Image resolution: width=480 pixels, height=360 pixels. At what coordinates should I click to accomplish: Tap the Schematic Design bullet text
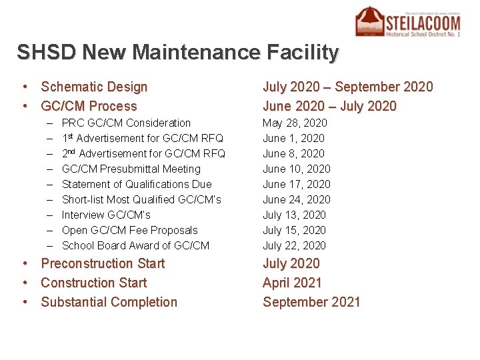(x=94, y=87)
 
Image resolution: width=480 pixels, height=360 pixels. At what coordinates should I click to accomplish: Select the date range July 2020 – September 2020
(x=347, y=87)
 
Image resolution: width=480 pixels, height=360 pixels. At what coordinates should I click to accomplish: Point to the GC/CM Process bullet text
(x=89, y=106)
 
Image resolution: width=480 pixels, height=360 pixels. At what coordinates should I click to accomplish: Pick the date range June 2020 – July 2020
(x=329, y=106)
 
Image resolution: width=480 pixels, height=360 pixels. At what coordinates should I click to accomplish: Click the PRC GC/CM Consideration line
(x=126, y=123)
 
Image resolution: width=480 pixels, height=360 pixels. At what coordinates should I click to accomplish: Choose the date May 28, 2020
(x=295, y=123)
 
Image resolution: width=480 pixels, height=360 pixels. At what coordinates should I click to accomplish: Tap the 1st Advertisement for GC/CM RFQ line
(x=142, y=138)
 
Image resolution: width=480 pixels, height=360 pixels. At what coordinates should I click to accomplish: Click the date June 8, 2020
(x=293, y=153)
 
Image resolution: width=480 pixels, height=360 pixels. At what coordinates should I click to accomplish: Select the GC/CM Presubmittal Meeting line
(x=131, y=169)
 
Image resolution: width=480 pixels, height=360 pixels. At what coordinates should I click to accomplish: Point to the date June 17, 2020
(x=296, y=184)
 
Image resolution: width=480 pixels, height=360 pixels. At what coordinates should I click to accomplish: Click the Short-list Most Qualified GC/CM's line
(x=141, y=199)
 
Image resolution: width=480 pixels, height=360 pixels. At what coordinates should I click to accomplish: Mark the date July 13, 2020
(x=294, y=215)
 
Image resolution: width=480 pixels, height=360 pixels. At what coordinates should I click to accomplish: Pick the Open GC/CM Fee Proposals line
(x=129, y=230)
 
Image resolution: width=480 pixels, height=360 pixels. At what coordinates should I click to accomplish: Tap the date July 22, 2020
(x=294, y=245)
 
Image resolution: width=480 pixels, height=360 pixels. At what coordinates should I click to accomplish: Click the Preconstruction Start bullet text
(x=103, y=263)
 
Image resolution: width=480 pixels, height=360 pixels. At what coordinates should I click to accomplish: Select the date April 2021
(x=292, y=283)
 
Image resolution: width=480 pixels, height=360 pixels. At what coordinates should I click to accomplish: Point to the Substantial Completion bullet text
(x=109, y=302)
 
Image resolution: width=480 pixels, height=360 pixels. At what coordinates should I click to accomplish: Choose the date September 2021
(x=311, y=302)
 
